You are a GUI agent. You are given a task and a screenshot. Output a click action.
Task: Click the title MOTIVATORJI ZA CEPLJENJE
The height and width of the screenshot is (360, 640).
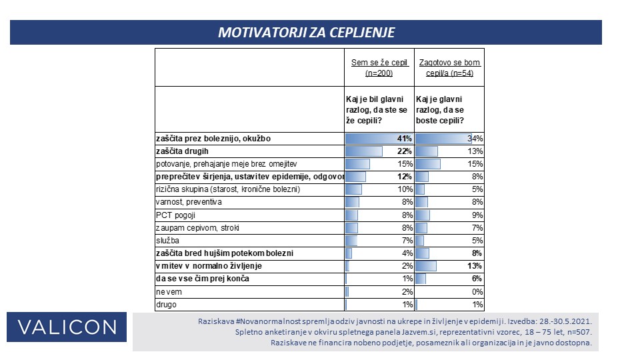pyautogui.click(x=306, y=32)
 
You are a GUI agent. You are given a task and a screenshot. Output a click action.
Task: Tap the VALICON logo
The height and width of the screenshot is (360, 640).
pyautogui.click(x=67, y=327)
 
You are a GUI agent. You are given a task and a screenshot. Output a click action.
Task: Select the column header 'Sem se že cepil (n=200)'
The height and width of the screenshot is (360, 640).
pyautogui.click(x=379, y=68)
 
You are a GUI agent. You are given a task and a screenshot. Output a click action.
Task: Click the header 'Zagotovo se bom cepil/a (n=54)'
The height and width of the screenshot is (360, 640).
pyautogui.click(x=449, y=68)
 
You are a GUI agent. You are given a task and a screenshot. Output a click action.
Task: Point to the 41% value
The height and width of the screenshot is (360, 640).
pyautogui.click(x=405, y=139)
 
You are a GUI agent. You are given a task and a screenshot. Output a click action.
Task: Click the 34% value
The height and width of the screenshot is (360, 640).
pyautogui.click(x=475, y=139)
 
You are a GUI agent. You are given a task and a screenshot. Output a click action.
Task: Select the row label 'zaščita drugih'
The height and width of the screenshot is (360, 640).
pyautogui.click(x=182, y=151)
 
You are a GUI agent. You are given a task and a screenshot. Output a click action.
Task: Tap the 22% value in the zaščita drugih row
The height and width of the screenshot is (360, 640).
pyautogui.click(x=405, y=151)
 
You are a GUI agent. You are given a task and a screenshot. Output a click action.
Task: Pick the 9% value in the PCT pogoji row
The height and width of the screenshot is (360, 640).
pyautogui.click(x=477, y=215)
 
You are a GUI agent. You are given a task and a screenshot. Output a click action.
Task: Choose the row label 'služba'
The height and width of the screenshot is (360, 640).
pyautogui.click(x=167, y=241)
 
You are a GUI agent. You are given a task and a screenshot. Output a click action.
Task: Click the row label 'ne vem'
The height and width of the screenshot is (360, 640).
pyautogui.click(x=169, y=292)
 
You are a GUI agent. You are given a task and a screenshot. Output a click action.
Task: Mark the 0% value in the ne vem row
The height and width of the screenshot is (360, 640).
pyautogui.click(x=477, y=292)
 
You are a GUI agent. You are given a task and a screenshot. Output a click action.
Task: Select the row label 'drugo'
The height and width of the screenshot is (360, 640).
pyautogui.click(x=166, y=305)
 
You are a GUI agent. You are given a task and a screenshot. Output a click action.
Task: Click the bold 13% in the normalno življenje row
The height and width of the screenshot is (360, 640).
pyautogui.click(x=475, y=266)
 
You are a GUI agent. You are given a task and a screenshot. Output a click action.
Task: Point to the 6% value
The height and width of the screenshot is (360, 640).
pyautogui.click(x=477, y=279)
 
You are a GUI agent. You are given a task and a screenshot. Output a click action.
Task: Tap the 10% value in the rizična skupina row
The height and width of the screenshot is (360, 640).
pyautogui.click(x=405, y=189)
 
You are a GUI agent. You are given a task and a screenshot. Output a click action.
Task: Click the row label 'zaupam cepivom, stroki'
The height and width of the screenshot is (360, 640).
pyautogui.click(x=197, y=228)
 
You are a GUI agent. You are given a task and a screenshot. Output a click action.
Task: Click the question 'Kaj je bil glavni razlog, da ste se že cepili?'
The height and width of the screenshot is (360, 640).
pyautogui.click(x=377, y=110)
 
